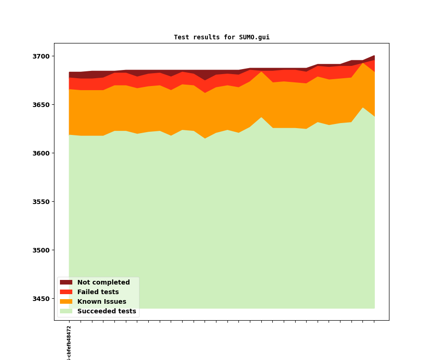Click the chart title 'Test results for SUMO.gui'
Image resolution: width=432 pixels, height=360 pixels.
pos(221,38)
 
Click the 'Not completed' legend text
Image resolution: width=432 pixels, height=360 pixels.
pos(103,283)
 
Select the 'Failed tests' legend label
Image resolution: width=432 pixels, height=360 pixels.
pos(98,292)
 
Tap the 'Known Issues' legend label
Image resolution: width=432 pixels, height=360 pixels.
pos(102,302)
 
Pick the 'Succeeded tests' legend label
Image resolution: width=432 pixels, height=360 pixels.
pos(107,312)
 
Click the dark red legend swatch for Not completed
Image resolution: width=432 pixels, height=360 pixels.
pos(66,283)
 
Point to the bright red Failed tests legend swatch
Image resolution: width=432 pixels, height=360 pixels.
pos(66,292)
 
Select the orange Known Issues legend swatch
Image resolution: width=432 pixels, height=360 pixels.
pos(66,302)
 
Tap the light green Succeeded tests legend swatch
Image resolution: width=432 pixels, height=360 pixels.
pos(66,312)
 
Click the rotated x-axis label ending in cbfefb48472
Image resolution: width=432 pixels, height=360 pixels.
pos(69,343)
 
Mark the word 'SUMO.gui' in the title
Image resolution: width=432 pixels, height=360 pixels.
pos(254,38)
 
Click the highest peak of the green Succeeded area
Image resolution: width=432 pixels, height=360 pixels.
pos(363,108)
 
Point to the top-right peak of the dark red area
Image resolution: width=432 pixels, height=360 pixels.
pos(374,56)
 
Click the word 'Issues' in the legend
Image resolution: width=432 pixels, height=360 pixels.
pos(114,302)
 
